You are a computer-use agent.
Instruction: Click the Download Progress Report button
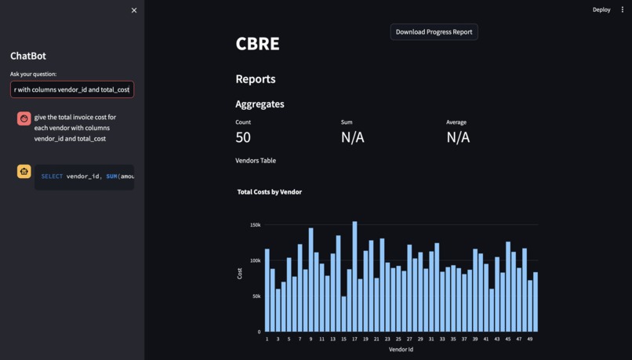[x=434, y=32]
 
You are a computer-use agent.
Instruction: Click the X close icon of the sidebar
[x=134, y=10]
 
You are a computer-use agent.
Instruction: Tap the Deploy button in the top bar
[x=601, y=9]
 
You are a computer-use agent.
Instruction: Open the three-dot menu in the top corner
[x=623, y=9]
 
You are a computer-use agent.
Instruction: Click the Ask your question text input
[x=72, y=89]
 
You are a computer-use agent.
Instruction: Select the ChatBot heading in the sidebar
[x=28, y=56]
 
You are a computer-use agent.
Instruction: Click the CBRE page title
[x=257, y=44]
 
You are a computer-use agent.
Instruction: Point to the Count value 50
[x=243, y=137]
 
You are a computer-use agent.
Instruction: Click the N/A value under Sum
[x=352, y=137]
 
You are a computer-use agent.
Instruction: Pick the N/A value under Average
[x=458, y=137]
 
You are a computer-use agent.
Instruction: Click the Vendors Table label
[x=256, y=160]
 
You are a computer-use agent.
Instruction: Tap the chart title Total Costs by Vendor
[x=270, y=191]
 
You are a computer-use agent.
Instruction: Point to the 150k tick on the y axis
[x=256, y=225]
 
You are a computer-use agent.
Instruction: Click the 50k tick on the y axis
[x=256, y=296]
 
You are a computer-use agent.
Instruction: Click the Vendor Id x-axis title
[x=401, y=349]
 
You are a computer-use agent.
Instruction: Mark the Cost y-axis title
[x=240, y=274]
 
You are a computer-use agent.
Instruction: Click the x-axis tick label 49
[x=530, y=339]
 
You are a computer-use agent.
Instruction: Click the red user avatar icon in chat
[x=24, y=118]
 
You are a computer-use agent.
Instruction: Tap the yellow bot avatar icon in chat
[x=24, y=171]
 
